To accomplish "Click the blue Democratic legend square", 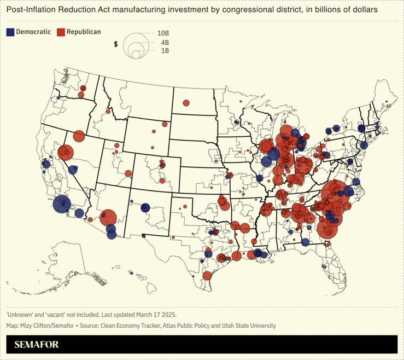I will pyautogui.click(x=10, y=32).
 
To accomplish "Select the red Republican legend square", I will pyautogui.click(x=61, y=32).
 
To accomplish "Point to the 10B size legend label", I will pyautogui.click(x=163, y=33).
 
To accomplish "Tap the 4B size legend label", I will pyautogui.click(x=165, y=42).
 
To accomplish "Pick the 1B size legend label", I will pyautogui.click(x=165, y=50).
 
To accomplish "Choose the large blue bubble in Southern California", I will pyautogui.click(x=62, y=204).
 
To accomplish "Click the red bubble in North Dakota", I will pyautogui.click(x=186, y=103).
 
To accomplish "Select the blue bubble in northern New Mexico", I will pyautogui.click(x=145, y=207).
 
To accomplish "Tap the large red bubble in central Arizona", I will pyautogui.click(x=108, y=218).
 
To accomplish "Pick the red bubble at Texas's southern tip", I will pyautogui.click(x=207, y=275).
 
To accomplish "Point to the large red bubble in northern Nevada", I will pyautogui.click(x=79, y=136).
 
